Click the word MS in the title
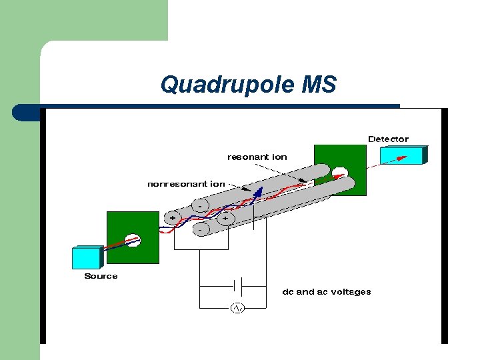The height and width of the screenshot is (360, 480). tap(319, 85)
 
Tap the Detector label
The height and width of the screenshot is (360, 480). tap(388, 139)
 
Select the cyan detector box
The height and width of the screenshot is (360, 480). tap(403, 155)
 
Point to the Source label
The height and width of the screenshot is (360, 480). tap(101, 276)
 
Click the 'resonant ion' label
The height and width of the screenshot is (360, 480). tap(257, 157)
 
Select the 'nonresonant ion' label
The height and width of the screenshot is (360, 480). tap(186, 183)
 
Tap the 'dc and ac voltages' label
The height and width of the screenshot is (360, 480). tap(327, 291)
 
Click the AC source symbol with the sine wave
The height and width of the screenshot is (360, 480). tap(237, 308)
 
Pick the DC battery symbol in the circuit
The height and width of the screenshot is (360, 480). tap(237, 286)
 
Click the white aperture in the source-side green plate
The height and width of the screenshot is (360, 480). tap(133, 241)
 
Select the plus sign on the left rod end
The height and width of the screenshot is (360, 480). tap(173, 217)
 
